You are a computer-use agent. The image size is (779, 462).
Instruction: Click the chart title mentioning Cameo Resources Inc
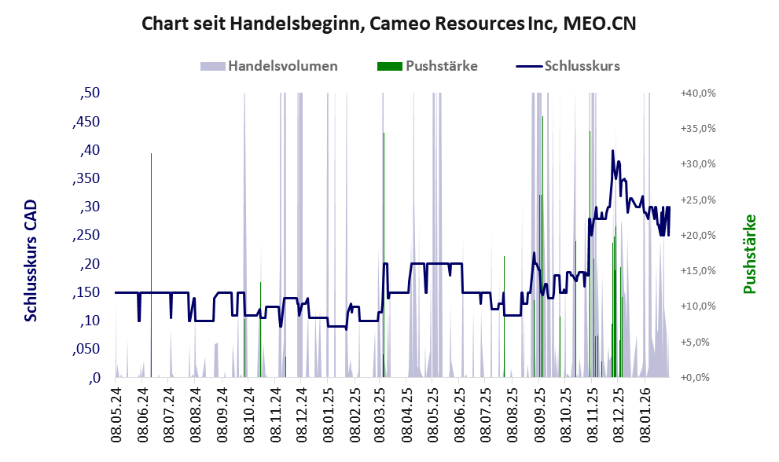tap(388, 24)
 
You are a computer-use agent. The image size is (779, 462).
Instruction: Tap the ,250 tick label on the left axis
tap(86, 236)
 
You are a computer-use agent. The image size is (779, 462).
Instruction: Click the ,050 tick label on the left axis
tap(86, 349)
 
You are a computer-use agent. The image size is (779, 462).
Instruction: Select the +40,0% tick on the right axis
tap(697, 93)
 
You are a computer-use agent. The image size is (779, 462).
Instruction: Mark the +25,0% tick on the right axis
tap(697, 200)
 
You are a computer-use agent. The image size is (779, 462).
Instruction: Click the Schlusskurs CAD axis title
tap(31, 261)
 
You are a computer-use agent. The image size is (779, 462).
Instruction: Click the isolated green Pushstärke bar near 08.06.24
tap(151, 267)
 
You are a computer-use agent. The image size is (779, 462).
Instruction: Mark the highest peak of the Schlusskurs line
tap(613, 151)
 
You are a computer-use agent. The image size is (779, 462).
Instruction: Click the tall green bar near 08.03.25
tap(384, 251)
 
